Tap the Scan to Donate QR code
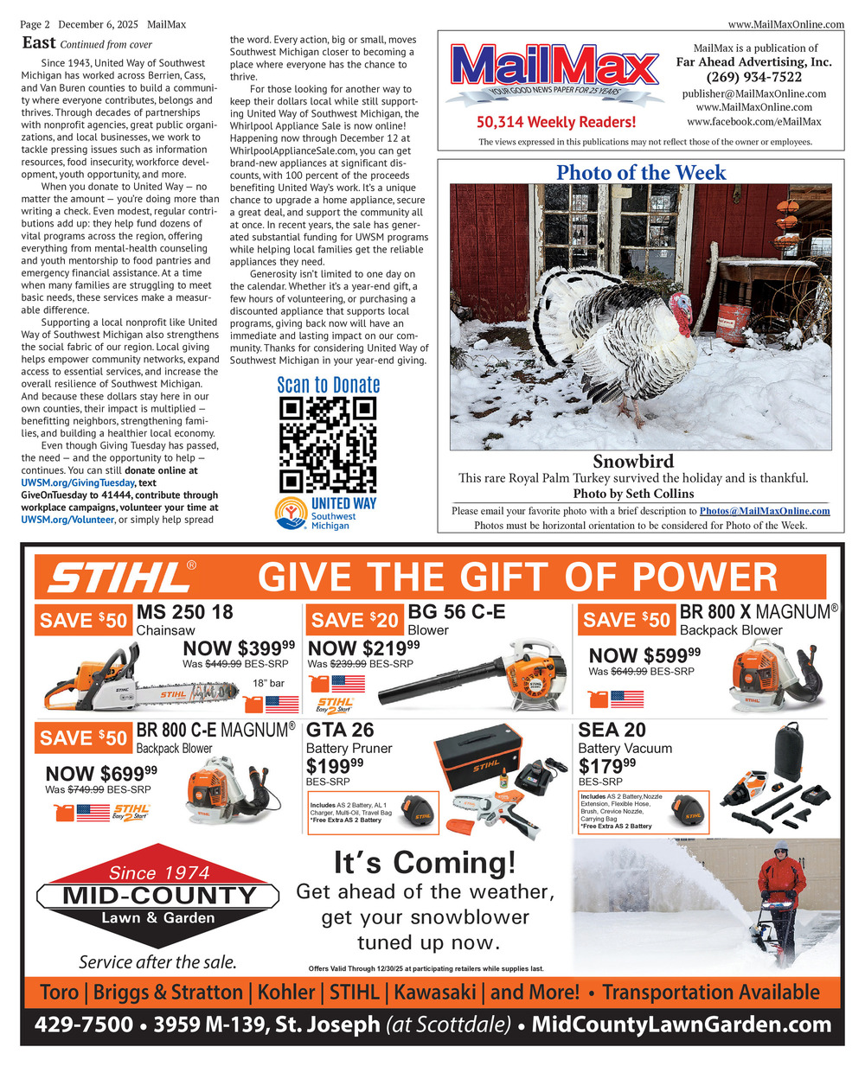(328, 444)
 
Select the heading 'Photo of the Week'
(641, 173)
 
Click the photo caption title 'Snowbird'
(633, 461)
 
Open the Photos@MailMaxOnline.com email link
(765, 511)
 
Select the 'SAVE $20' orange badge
(355, 620)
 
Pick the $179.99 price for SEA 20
(606, 767)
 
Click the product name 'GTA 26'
(340, 731)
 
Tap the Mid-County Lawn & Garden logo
(158, 894)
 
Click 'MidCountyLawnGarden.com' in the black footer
(681, 1025)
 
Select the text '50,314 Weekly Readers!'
(555, 123)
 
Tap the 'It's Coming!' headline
(424, 863)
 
